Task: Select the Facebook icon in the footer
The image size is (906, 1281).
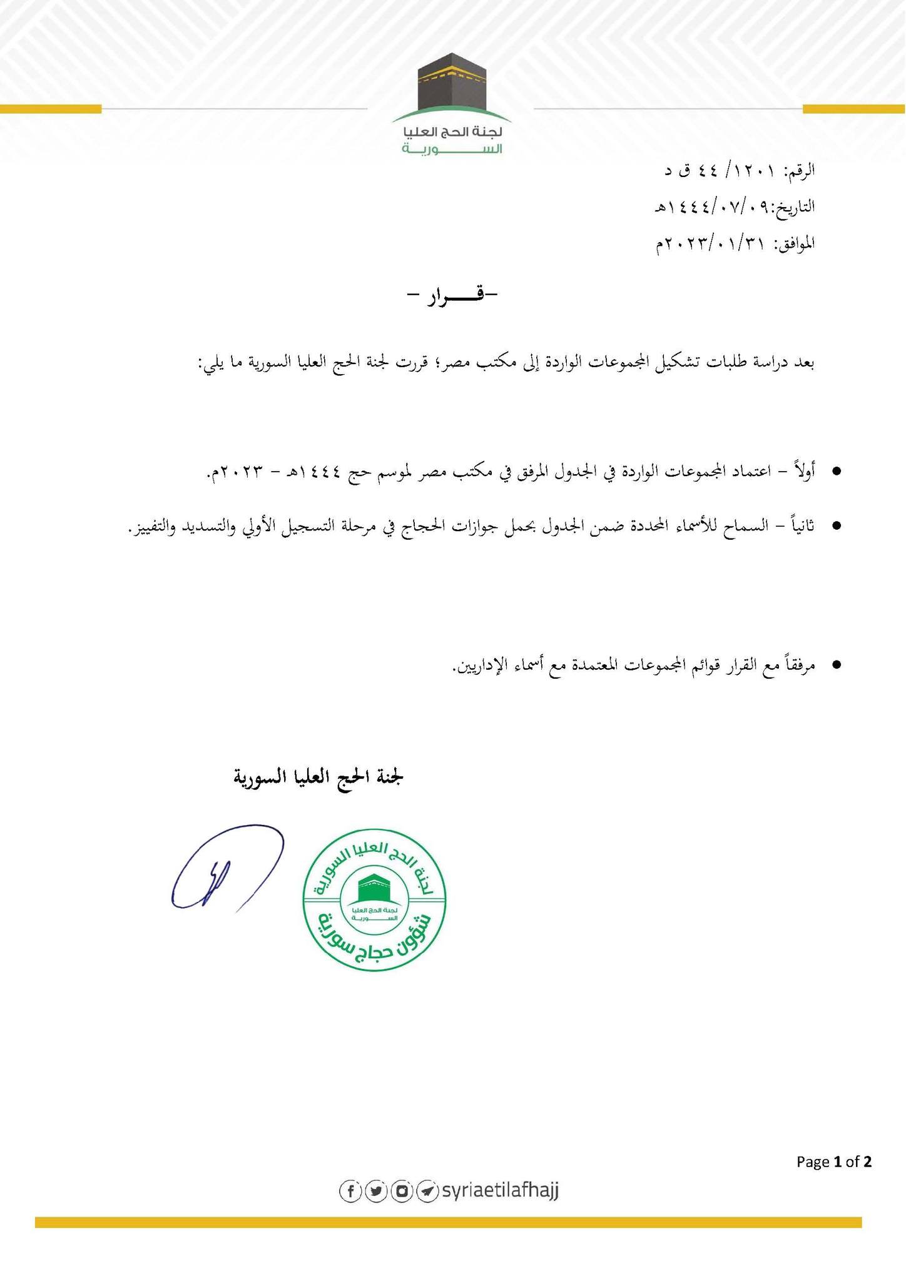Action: (350, 1191)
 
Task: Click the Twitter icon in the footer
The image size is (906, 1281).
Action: (376, 1191)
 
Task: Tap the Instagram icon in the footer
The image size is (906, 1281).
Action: (402, 1191)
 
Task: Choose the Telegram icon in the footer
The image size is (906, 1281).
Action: (427, 1191)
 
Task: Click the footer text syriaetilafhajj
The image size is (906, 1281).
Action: (500, 1191)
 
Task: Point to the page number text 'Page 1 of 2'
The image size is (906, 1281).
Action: (833, 1162)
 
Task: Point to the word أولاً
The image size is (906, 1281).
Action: (802, 470)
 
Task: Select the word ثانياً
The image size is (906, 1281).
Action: (801, 525)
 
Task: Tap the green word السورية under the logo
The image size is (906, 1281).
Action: (452, 150)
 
